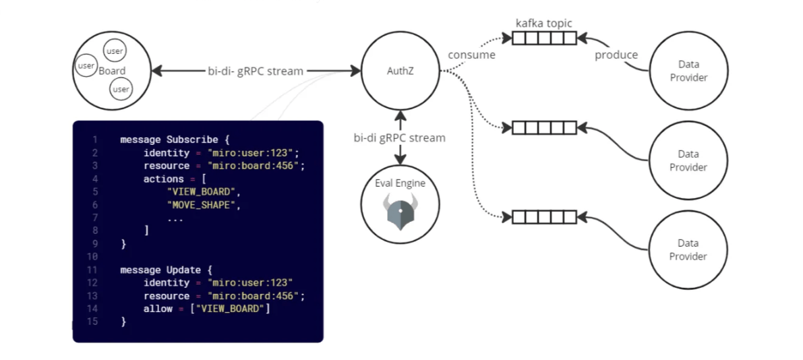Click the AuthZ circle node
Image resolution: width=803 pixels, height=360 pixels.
point(401,71)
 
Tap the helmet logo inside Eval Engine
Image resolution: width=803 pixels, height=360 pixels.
point(400,210)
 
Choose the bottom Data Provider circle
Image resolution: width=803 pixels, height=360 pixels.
point(688,249)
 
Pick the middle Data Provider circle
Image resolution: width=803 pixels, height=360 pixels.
point(688,160)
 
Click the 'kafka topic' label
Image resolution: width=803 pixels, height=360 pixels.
point(544,24)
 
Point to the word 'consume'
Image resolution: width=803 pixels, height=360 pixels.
point(472,55)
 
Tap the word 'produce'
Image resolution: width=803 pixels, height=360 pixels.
point(616,55)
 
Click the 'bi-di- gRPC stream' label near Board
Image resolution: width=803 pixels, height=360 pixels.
point(256,71)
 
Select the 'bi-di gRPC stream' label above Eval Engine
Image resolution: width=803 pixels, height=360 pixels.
point(400,138)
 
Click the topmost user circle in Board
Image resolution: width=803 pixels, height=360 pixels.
point(115,51)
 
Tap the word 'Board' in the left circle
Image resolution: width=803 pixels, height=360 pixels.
point(112,71)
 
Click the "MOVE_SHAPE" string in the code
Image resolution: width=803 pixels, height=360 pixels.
point(203,205)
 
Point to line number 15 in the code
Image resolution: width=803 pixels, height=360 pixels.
point(93,322)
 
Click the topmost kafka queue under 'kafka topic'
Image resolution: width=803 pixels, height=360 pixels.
point(544,38)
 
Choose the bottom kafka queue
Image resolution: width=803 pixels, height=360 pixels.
point(544,217)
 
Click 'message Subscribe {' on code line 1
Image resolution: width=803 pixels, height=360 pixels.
point(175,140)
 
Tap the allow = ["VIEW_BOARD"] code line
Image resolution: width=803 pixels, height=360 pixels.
point(206,309)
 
